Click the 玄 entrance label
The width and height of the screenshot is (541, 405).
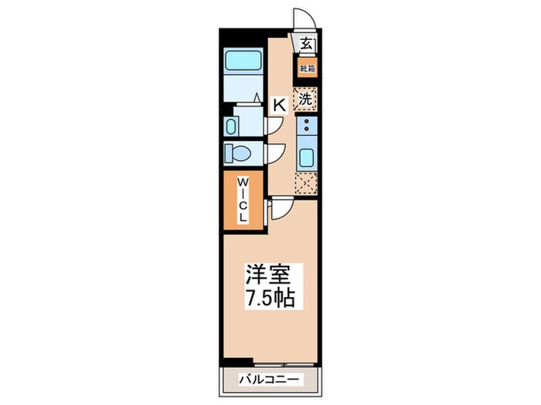pos(307,44)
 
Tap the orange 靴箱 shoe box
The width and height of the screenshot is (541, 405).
pos(308,69)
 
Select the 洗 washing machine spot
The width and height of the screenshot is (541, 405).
pos(306,100)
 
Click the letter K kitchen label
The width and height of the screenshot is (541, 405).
pos(279,104)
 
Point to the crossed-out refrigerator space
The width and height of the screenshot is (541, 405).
pos(306,184)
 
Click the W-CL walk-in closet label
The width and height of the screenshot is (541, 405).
pos(243,200)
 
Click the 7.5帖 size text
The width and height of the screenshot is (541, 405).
pos(270,298)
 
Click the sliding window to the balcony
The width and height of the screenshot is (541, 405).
pos(286,363)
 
